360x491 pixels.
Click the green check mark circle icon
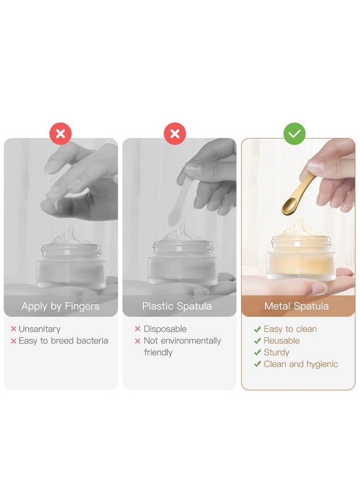pos(294,134)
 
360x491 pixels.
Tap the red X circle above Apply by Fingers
pos(61,134)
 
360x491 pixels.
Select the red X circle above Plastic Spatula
pos(175,134)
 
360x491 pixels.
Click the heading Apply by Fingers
pos(61,306)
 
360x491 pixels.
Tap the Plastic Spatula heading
pos(177,306)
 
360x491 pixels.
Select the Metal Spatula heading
pos(296,306)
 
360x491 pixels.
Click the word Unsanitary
pos(39,329)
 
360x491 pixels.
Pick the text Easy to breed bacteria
pos(63,340)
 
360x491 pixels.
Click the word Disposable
pos(165,329)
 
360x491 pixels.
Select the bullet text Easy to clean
pos(290,329)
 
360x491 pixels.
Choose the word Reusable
pos(281,340)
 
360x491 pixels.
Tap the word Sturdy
pos(276,352)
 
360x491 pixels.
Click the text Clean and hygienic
pos(301,364)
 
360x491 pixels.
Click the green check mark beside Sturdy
pos(257,352)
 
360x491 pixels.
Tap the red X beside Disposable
pos(137,329)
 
